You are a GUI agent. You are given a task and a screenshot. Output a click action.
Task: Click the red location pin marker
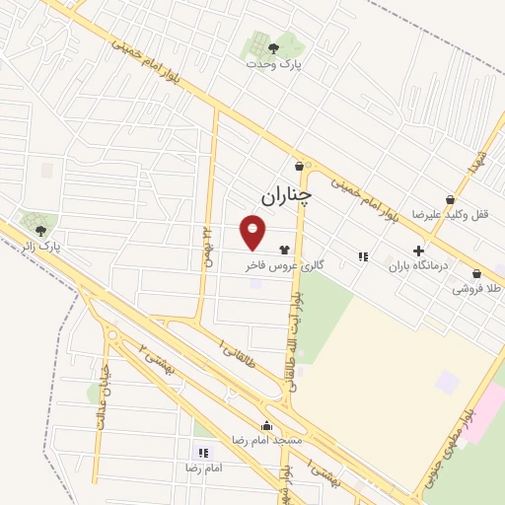click(253, 232)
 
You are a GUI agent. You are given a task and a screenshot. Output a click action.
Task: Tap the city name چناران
click(286, 196)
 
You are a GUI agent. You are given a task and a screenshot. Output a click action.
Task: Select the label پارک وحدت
click(275, 63)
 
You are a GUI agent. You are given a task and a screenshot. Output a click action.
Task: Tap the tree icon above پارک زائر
click(39, 230)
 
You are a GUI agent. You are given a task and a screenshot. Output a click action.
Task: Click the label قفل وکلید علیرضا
click(450, 215)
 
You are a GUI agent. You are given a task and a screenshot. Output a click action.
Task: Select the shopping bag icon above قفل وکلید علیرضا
click(451, 199)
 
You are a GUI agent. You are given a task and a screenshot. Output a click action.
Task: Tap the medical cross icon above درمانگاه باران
click(418, 251)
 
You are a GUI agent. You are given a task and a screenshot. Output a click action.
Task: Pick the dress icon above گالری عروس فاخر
click(285, 251)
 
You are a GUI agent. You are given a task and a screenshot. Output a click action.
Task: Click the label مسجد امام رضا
click(265, 438)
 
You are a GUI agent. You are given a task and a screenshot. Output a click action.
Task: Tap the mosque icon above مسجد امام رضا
click(265, 424)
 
